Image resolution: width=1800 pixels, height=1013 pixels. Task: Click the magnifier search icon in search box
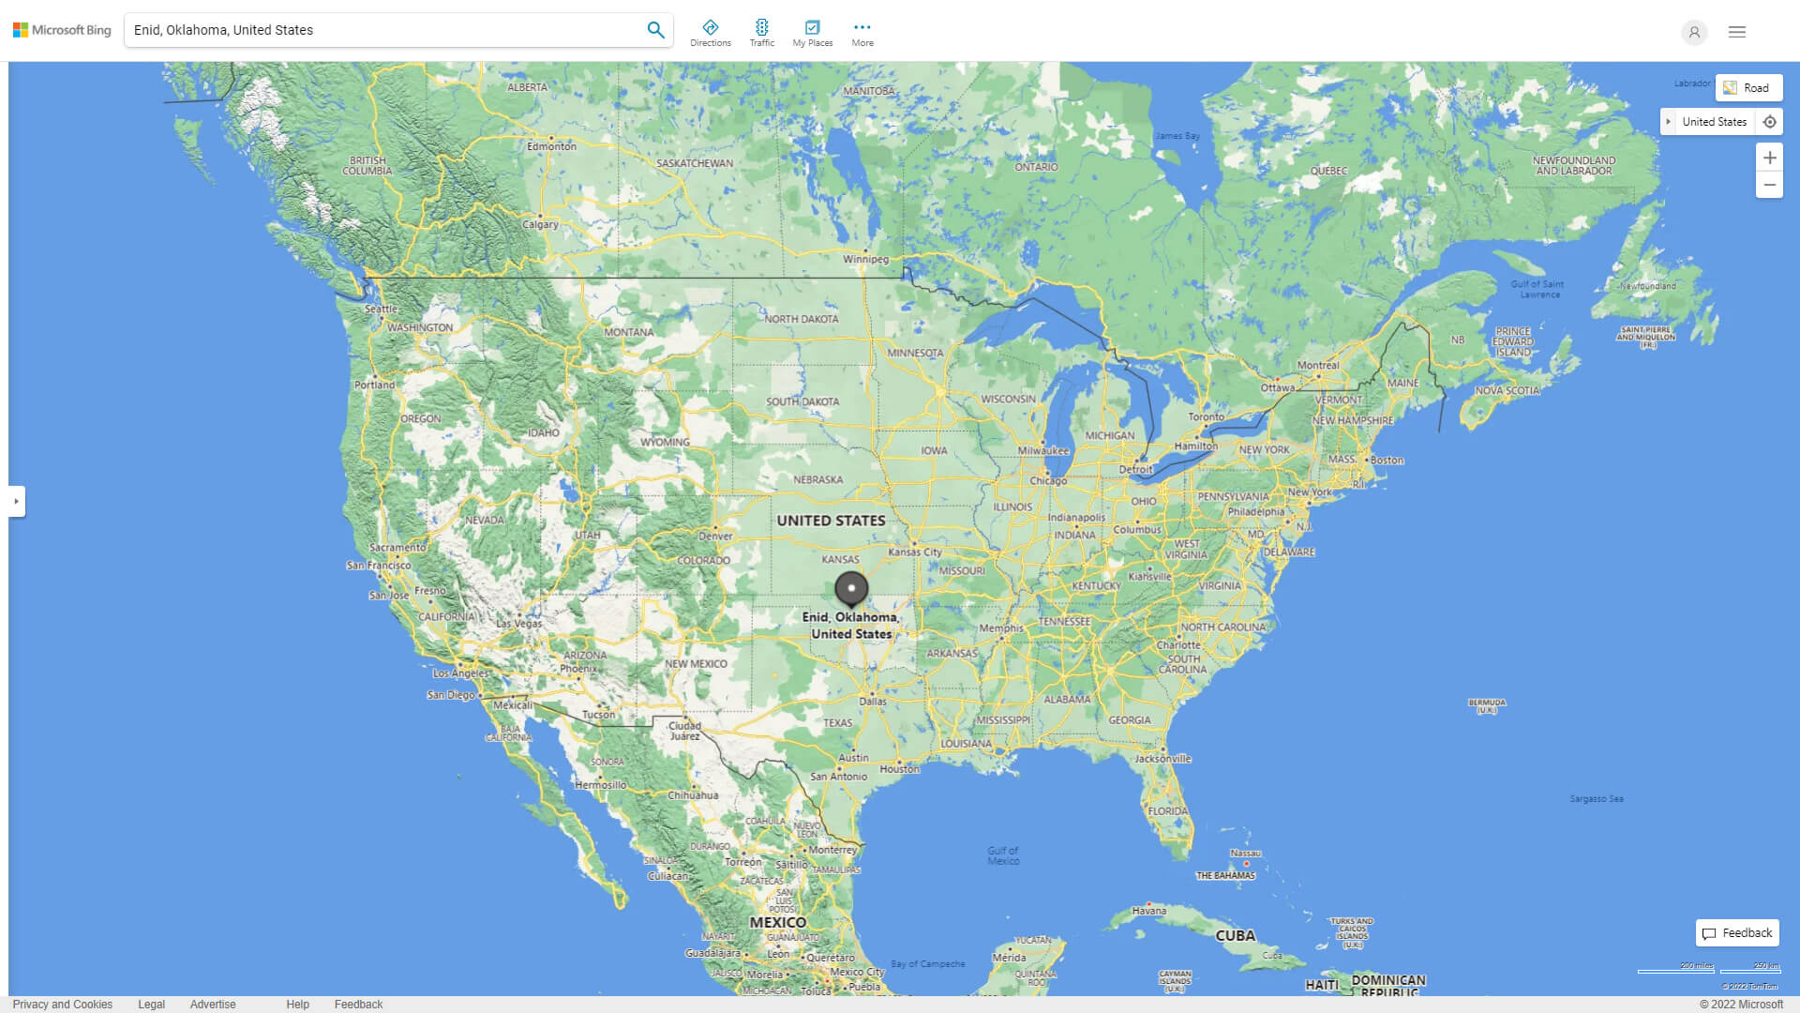(x=655, y=30)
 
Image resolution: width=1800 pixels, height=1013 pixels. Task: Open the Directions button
(x=711, y=32)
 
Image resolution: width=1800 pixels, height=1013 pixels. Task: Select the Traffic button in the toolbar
(x=762, y=32)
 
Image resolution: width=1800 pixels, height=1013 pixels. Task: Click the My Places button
(x=812, y=32)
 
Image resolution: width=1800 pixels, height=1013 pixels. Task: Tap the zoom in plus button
(x=1769, y=158)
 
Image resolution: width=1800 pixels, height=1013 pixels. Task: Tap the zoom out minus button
(x=1769, y=185)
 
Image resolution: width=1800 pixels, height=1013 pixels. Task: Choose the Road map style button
(x=1748, y=88)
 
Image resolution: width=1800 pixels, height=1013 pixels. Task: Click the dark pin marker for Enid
(x=851, y=588)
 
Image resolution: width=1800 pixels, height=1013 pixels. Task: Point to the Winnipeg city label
(x=865, y=259)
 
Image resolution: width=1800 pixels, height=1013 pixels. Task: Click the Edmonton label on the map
(x=551, y=146)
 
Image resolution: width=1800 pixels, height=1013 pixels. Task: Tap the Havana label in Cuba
(x=1148, y=911)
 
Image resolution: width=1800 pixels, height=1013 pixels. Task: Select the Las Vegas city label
(x=518, y=623)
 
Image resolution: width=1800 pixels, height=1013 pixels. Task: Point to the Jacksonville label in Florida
(x=1162, y=758)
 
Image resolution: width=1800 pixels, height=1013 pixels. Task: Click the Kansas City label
(x=915, y=552)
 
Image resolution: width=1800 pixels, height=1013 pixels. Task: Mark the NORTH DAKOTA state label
(x=801, y=319)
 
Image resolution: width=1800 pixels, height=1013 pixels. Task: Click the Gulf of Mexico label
(x=1003, y=855)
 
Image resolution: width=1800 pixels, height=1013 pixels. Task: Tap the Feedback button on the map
(x=1737, y=933)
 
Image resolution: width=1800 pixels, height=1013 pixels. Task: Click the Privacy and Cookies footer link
(x=63, y=1005)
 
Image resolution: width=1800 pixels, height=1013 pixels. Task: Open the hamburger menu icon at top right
(x=1737, y=32)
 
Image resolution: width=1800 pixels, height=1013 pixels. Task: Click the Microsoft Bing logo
(x=62, y=30)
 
